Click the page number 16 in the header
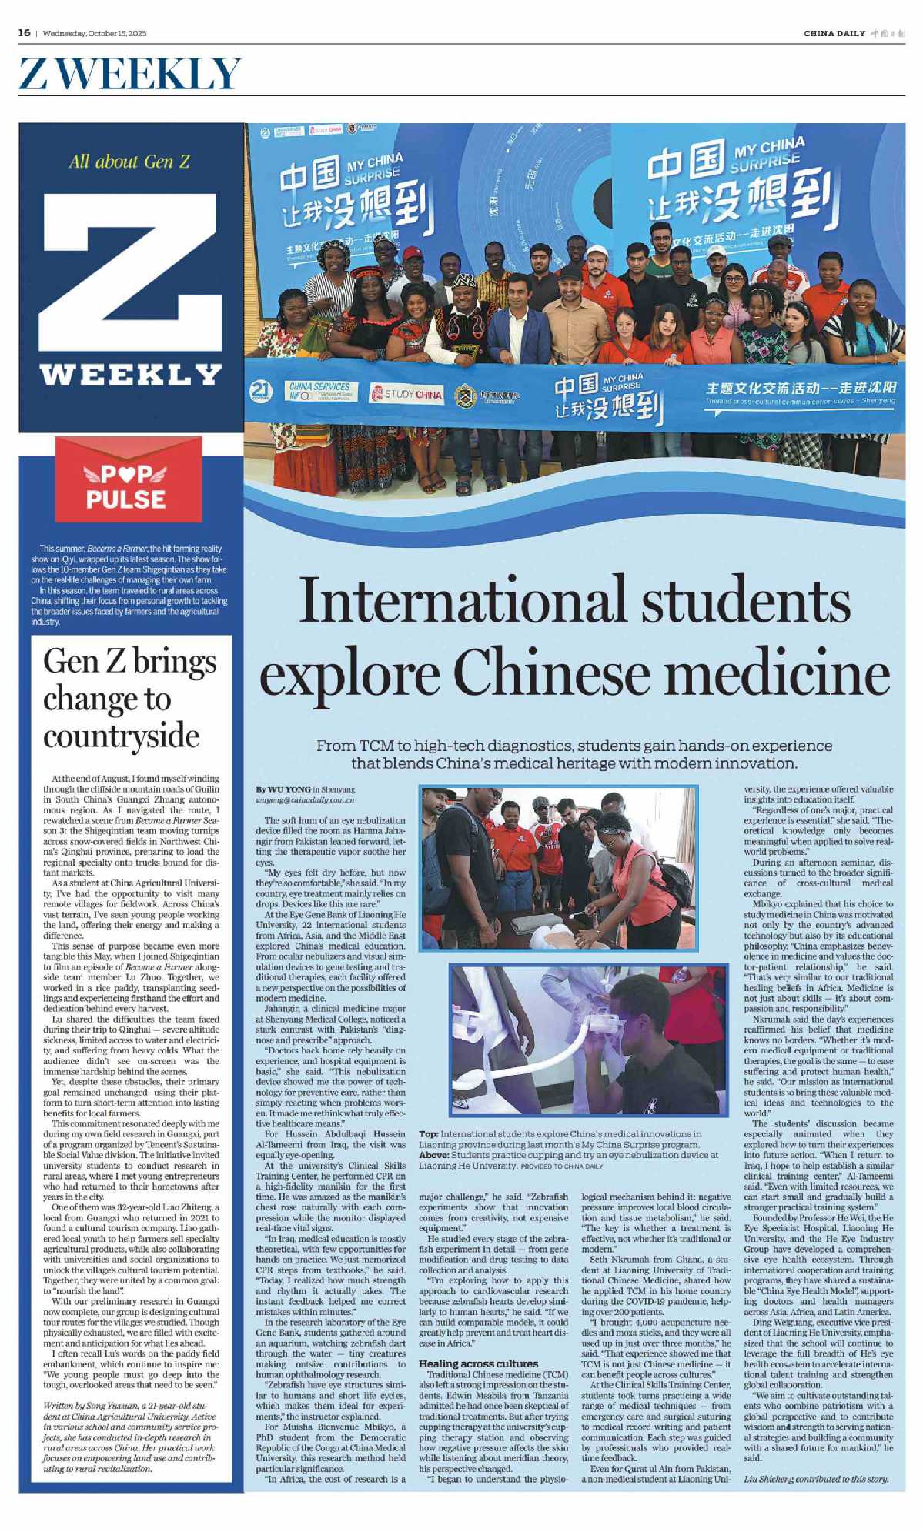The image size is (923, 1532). [24, 32]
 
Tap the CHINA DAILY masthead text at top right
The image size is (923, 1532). [834, 33]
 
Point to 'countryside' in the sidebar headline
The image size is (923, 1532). [121, 736]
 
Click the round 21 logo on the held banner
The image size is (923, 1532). [262, 392]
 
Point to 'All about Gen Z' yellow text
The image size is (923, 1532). [129, 162]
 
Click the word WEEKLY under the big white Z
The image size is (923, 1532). [130, 375]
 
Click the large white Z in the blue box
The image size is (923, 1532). [130, 273]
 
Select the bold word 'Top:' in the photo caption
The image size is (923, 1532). [429, 1133]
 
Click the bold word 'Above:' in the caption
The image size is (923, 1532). [433, 1154]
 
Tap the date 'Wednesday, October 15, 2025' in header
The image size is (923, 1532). [94, 33]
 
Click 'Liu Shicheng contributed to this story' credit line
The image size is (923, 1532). [816, 1478]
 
